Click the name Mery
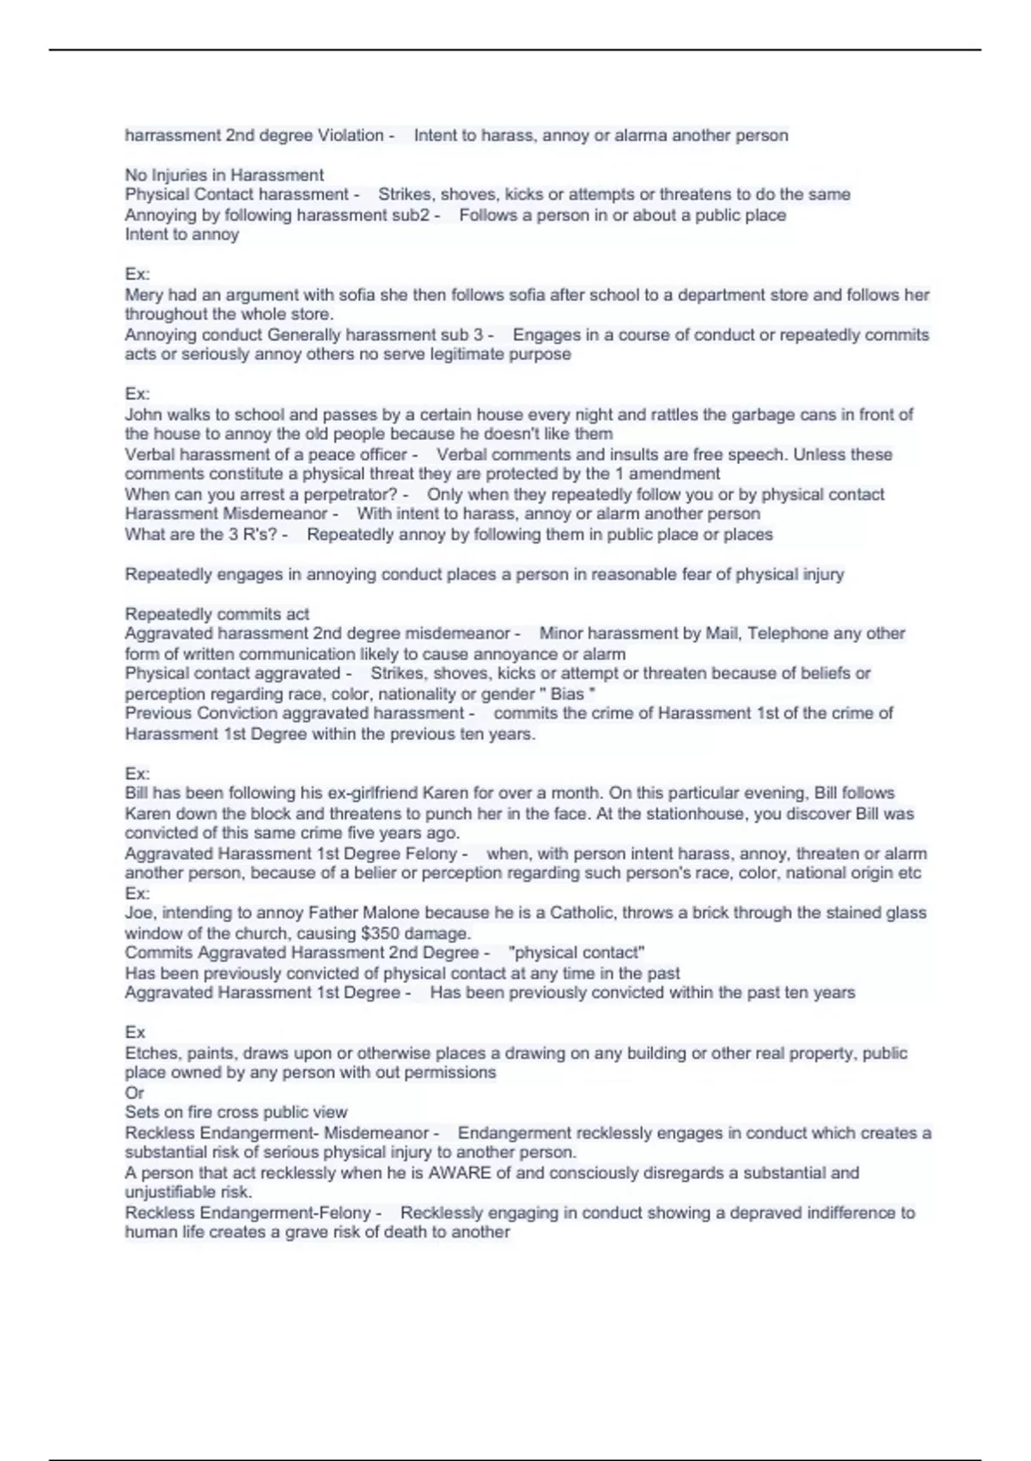pyautogui.click(x=143, y=295)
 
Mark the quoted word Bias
pyautogui.click(x=567, y=694)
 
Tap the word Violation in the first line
pyautogui.click(x=351, y=135)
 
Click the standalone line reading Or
pyautogui.click(x=134, y=1092)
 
